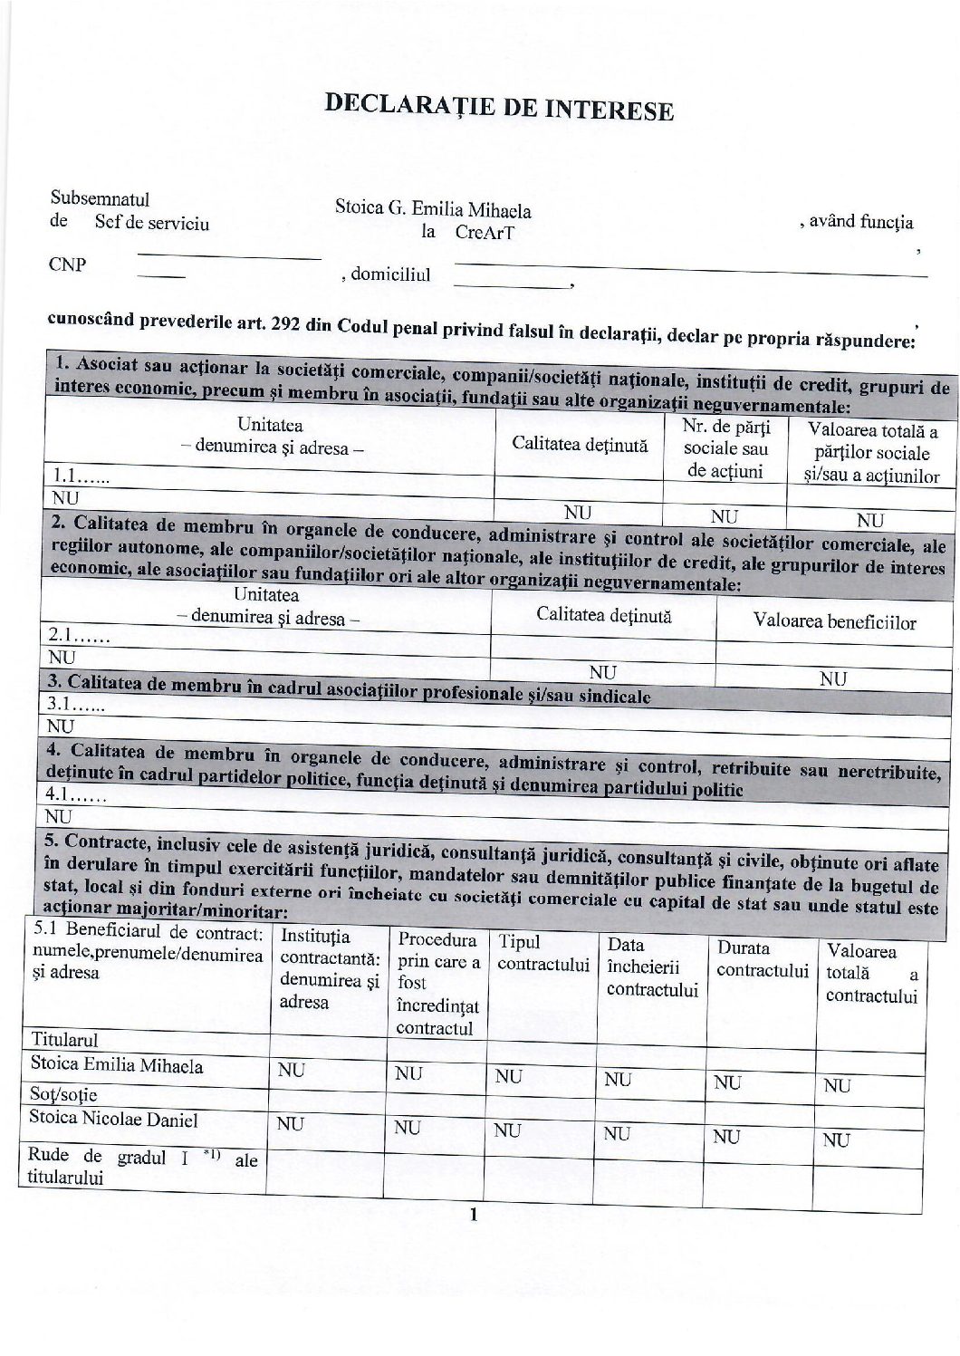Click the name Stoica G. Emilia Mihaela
pyautogui.click(x=433, y=208)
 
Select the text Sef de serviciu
pyautogui.click(x=151, y=223)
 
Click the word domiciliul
pyautogui.click(x=391, y=274)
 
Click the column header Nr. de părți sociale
pyautogui.click(x=725, y=448)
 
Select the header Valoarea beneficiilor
pyautogui.click(x=834, y=622)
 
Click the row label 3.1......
pyautogui.click(x=77, y=705)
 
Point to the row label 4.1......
pyautogui.click(x=77, y=798)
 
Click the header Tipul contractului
pyautogui.click(x=543, y=954)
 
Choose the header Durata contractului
pyautogui.click(x=762, y=959)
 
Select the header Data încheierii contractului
pyautogui.click(x=651, y=967)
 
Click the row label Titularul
pyautogui.click(x=64, y=1039)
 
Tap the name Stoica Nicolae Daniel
pyautogui.click(x=113, y=1119)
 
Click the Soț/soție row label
pyautogui.click(x=62, y=1094)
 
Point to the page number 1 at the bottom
pyautogui.click(x=473, y=1216)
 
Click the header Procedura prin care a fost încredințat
pyautogui.click(x=438, y=984)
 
